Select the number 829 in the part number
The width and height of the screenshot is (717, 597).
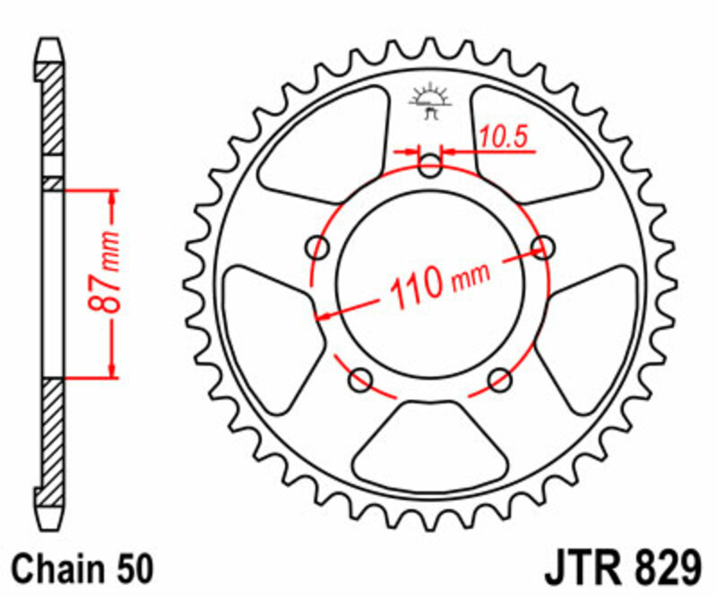pos(662,568)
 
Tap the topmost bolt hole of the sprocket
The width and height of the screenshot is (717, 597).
pos(430,166)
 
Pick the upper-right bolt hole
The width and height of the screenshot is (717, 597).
pos(541,246)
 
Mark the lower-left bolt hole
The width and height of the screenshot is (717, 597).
pos(360,380)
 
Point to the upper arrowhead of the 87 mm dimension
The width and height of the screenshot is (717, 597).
pos(112,199)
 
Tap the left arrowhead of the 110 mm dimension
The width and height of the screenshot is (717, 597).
pos(324,315)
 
